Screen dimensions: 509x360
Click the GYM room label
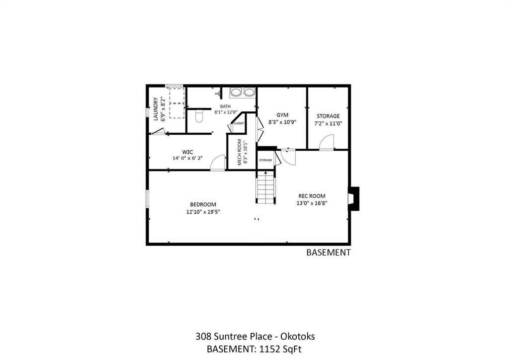282,115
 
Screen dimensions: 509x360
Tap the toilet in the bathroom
199,116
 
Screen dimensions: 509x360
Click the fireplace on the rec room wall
353,198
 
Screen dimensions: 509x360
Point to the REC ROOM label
312,196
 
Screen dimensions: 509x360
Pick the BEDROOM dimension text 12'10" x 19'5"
203,212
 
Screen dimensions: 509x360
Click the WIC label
187,152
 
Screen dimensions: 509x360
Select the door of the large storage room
326,142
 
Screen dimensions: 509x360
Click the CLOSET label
239,123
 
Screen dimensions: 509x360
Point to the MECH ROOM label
240,152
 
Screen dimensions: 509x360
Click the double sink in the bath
243,92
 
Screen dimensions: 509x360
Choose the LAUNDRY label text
156,109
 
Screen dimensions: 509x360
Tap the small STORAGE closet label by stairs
265,160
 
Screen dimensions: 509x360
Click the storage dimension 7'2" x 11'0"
328,123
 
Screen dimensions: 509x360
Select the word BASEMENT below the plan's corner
329,252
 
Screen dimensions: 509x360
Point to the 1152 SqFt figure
280,349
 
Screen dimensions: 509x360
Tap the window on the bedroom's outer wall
147,199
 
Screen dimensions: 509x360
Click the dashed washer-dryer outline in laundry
177,102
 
